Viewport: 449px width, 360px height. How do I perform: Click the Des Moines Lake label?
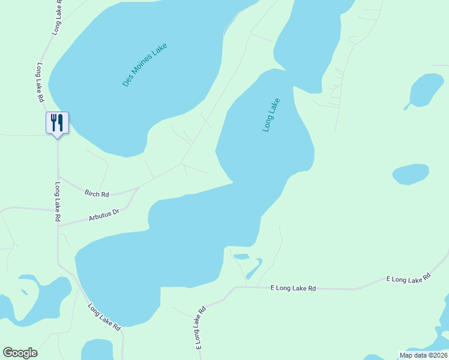coord(145,65)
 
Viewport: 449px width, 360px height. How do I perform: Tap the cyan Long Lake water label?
coord(271,115)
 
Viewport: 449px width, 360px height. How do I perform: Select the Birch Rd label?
coord(97,194)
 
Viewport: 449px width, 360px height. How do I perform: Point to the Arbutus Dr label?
coord(104,215)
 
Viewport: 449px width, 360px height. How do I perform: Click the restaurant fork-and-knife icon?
coord(58,122)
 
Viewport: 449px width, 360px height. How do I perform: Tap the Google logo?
coord(20,353)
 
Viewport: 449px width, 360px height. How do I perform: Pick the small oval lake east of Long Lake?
coord(411,174)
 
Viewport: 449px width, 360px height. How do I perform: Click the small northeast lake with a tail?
coord(427,90)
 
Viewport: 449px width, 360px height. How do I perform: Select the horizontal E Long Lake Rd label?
coord(293,289)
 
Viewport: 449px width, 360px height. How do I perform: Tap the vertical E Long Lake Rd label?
coord(200,328)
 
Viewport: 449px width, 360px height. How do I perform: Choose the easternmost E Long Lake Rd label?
coord(409,279)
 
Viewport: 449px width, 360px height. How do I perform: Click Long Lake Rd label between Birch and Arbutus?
coord(58,202)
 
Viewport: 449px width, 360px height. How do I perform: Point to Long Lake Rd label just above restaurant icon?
coord(41,82)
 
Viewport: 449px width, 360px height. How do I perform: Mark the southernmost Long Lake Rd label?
coord(104,317)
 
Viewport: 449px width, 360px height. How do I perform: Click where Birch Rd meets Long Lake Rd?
coord(58,177)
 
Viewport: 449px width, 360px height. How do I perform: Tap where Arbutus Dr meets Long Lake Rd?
coord(58,226)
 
